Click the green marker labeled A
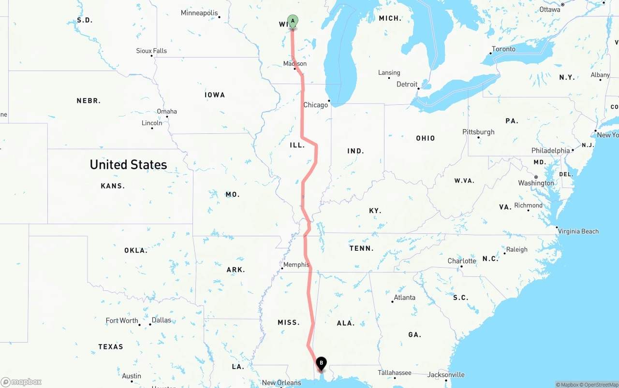293,21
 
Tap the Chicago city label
315,105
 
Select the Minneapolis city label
199,13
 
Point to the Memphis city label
296,265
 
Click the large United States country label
128,165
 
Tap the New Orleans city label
281,383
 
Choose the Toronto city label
503,49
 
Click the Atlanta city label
404,298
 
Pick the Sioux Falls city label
151,51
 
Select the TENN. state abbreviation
362,248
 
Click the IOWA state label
215,95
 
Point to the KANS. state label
113,186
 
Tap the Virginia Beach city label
578,231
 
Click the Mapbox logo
21,382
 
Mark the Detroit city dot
418,88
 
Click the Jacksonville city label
446,374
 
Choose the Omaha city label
167,112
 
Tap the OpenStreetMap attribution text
601,385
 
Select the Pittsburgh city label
478,132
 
